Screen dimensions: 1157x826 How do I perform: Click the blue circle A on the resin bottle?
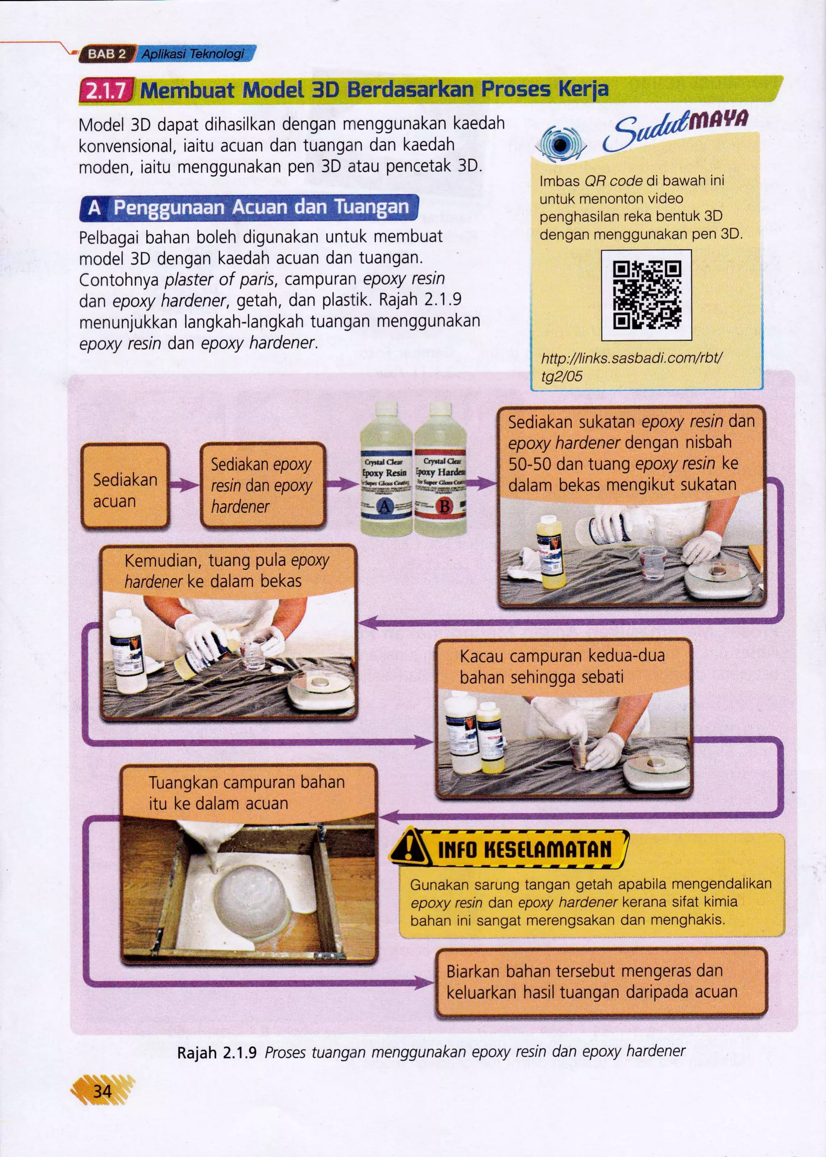click(384, 506)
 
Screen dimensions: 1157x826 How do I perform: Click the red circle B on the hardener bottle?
click(444, 506)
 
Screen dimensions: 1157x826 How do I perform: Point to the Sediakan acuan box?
click(125, 485)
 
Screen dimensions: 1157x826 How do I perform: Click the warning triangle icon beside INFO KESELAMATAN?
click(409, 848)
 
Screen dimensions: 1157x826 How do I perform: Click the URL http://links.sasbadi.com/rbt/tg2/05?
click(631, 367)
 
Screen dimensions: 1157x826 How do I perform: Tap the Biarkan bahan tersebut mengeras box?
click(601, 982)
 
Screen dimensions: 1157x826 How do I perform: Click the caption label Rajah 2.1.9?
click(217, 1052)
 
